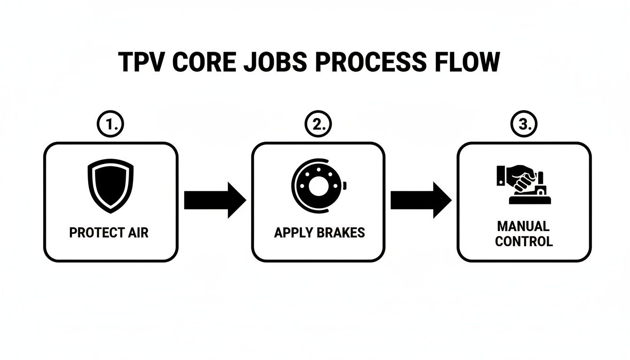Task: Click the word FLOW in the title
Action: pyautogui.click(x=463, y=62)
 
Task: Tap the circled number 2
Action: pyautogui.click(x=318, y=124)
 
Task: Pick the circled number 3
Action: pyautogui.click(x=524, y=124)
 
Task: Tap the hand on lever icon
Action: pyautogui.click(x=523, y=185)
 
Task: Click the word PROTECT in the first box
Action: pyautogui.click(x=95, y=232)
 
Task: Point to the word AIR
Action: pyautogui.click(x=137, y=232)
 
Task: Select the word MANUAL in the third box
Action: pyautogui.click(x=524, y=226)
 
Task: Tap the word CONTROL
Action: pyautogui.click(x=524, y=242)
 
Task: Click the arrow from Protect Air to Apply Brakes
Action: pyautogui.click(x=214, y=200)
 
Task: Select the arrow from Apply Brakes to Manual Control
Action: pyautogui.click(x=420, y=200)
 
